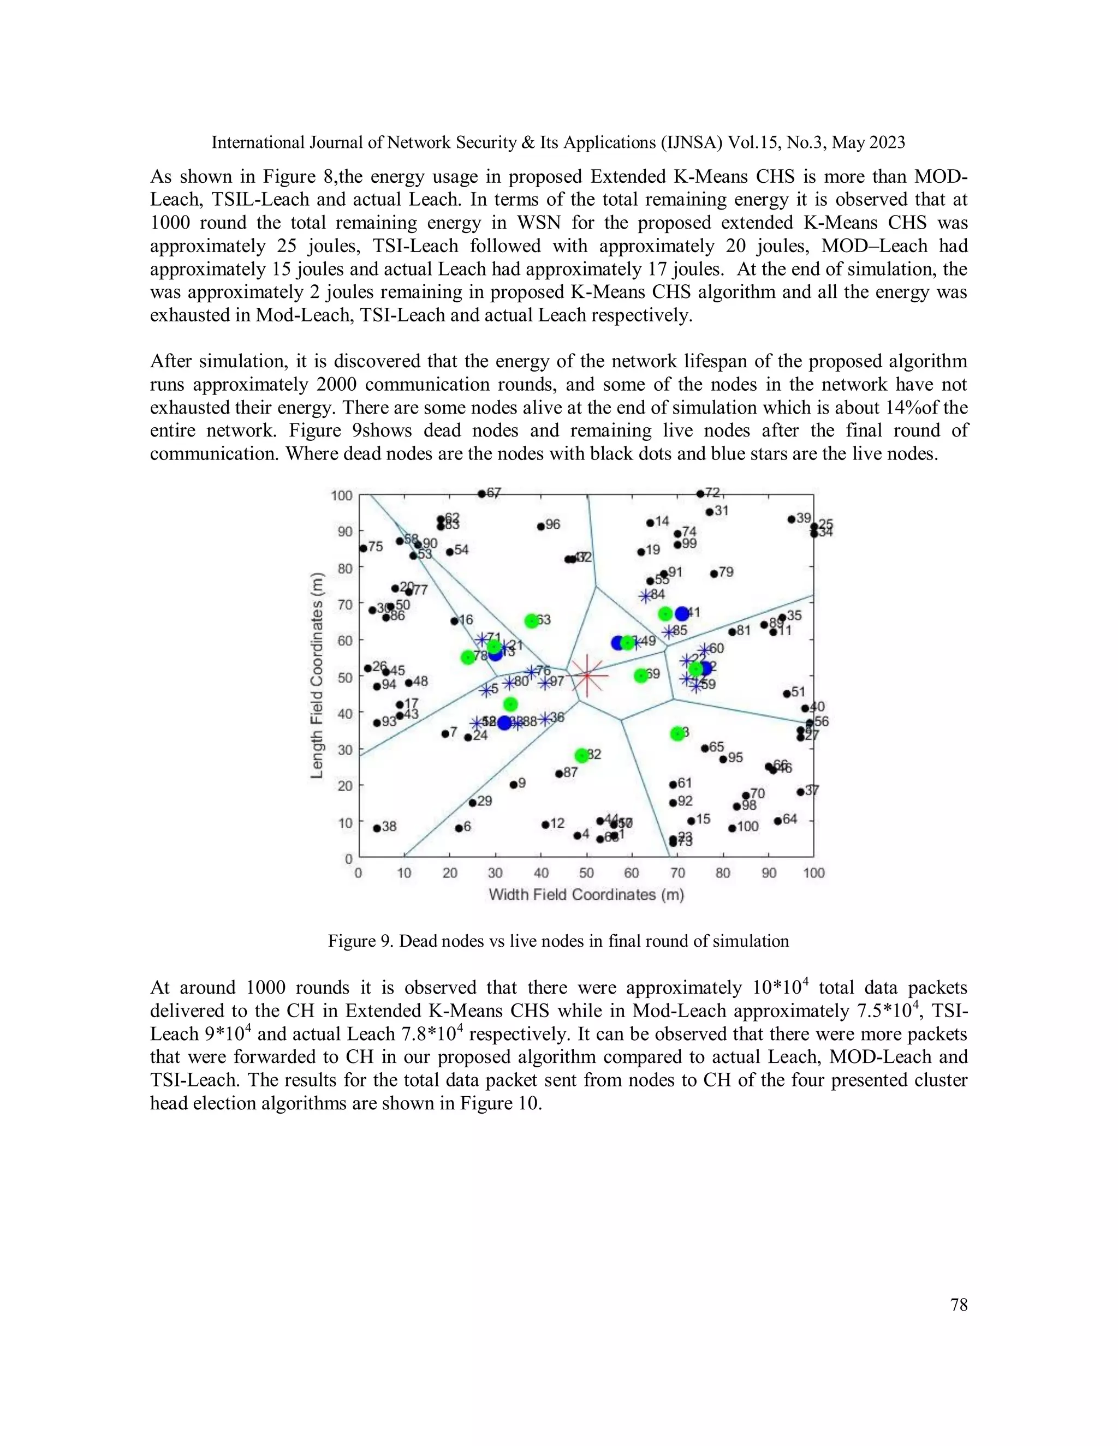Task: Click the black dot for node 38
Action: click(x=377, y=828)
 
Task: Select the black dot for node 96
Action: click(x=540, y=527)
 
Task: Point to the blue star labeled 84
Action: click(x=645, y=596)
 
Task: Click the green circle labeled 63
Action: click(x=531, y=620)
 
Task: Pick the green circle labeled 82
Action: click(x=581, y=755)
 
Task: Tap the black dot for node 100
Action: click(x=732, y=828)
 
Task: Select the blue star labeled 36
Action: click(x=544, y=719)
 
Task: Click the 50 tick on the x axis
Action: click(x=586, y=873)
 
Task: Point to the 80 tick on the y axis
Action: click(x=345, y=567)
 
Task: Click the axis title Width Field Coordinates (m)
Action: click(x=586, y=895)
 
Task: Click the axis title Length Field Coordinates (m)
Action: click(x=317, y=676)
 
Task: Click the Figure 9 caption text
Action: click(x=558, y=941)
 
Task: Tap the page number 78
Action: click(x=959, y=1305)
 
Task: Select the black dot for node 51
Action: click(x=787, y=694)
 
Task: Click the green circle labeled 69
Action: click(x=640, y=676)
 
